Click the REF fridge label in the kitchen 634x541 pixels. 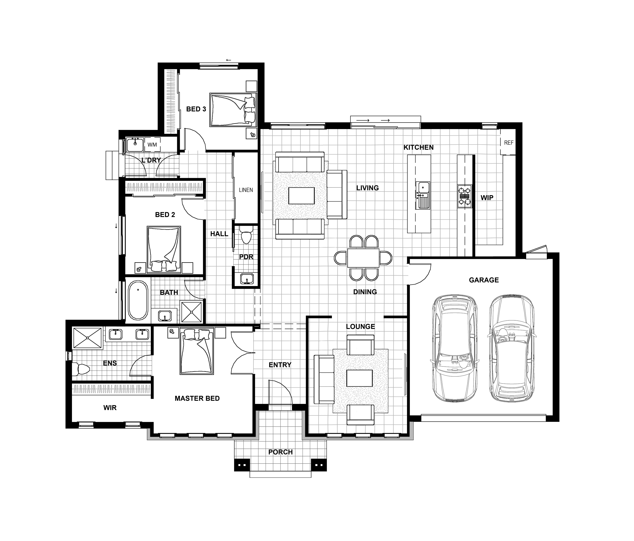point(509,143)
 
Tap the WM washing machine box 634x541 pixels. point(152,145)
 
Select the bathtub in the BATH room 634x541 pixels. point(138,300)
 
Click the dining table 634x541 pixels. point(363,258)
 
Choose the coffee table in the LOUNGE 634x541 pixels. point(360,378)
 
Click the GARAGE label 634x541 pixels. point(484,280)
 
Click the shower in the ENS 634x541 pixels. point(88,338)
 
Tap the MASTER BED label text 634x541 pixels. point(197,398)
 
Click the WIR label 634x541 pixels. point(110,408)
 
